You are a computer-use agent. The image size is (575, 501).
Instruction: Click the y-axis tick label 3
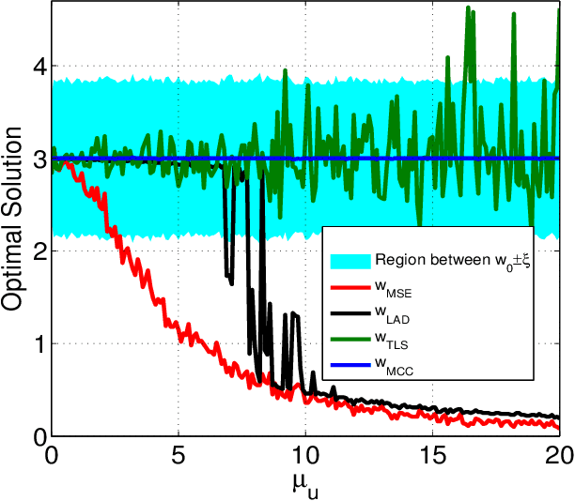point(37,159)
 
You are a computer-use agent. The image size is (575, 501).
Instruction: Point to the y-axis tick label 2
point(37,251)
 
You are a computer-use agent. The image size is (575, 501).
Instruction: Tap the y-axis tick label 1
point(37,344)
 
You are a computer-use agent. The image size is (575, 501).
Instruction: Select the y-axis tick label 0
point(37,436)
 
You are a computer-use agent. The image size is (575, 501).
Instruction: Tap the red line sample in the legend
point(349,289)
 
